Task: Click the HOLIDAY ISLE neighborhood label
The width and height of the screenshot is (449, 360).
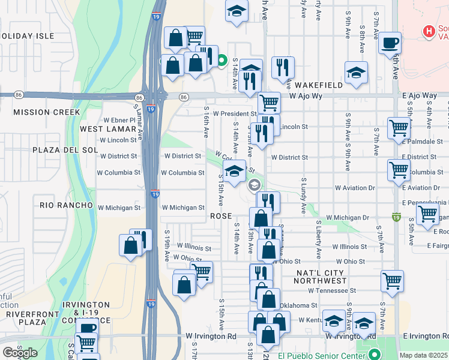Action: pyautogui.click(x=25, y=36)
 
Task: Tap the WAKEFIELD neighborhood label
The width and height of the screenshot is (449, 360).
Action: pyautogui.click(x=318, y=85)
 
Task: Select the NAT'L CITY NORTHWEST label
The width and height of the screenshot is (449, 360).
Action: pyautogui.click(x=321, y=277)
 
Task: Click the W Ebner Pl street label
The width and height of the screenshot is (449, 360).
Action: pyautogui.click(x=120, y=119)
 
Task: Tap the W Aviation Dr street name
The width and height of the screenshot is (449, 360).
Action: pyautogui.click(x=355, y=188)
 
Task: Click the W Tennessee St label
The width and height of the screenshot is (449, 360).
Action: pyautogui.click(x=332, y=290)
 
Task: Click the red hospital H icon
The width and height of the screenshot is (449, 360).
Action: pyautogui.click(x=429, y=31)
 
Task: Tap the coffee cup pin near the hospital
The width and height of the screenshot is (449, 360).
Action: pyautogui.click(x=390, y=43)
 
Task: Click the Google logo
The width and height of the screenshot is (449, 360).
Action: pyautogui.click(x=20, y=353)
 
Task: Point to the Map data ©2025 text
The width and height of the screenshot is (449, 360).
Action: pyautogui.click(x=423, y=355)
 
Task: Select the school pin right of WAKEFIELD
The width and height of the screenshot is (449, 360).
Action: pyautogui.click(x=356, y=73)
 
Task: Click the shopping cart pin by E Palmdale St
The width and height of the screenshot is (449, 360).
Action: pyautogui.click(x=399, y=128)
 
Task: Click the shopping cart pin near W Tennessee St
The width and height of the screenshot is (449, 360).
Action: pyautogui.click(x=392, y=281)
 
